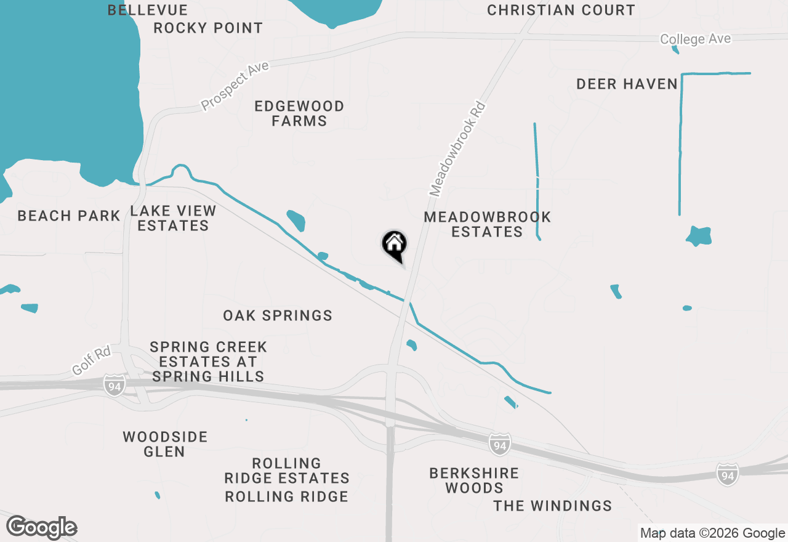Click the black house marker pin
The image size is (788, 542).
[x=394, y=245]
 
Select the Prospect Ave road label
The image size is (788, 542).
[x=235, y=86]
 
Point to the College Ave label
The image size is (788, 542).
[x=695, y=39]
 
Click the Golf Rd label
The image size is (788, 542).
[x=91, y=361]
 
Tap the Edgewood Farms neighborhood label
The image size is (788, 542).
[x=299, y=113]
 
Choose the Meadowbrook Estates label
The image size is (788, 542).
[x=487, y=224]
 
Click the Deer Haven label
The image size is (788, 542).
[x=627, y=84]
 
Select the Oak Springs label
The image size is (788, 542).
[x=278, y=315]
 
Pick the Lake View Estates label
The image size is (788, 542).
[x=173, y=219]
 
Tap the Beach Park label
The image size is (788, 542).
[x=69, y=216]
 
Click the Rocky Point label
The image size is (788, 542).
[x=208, y=28]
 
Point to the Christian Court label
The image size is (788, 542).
[x=561, y=10]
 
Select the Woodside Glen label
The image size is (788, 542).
[x=165, y=444]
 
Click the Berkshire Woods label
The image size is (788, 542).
[x=474, y=480]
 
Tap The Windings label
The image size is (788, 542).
[x=553, y=506]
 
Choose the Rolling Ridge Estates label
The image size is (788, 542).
[x=287, y=471]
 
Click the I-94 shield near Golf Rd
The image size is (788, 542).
[x=115, y=385]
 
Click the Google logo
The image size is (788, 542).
[x=42, y=528]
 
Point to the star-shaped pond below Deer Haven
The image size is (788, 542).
[x=699, y=236]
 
